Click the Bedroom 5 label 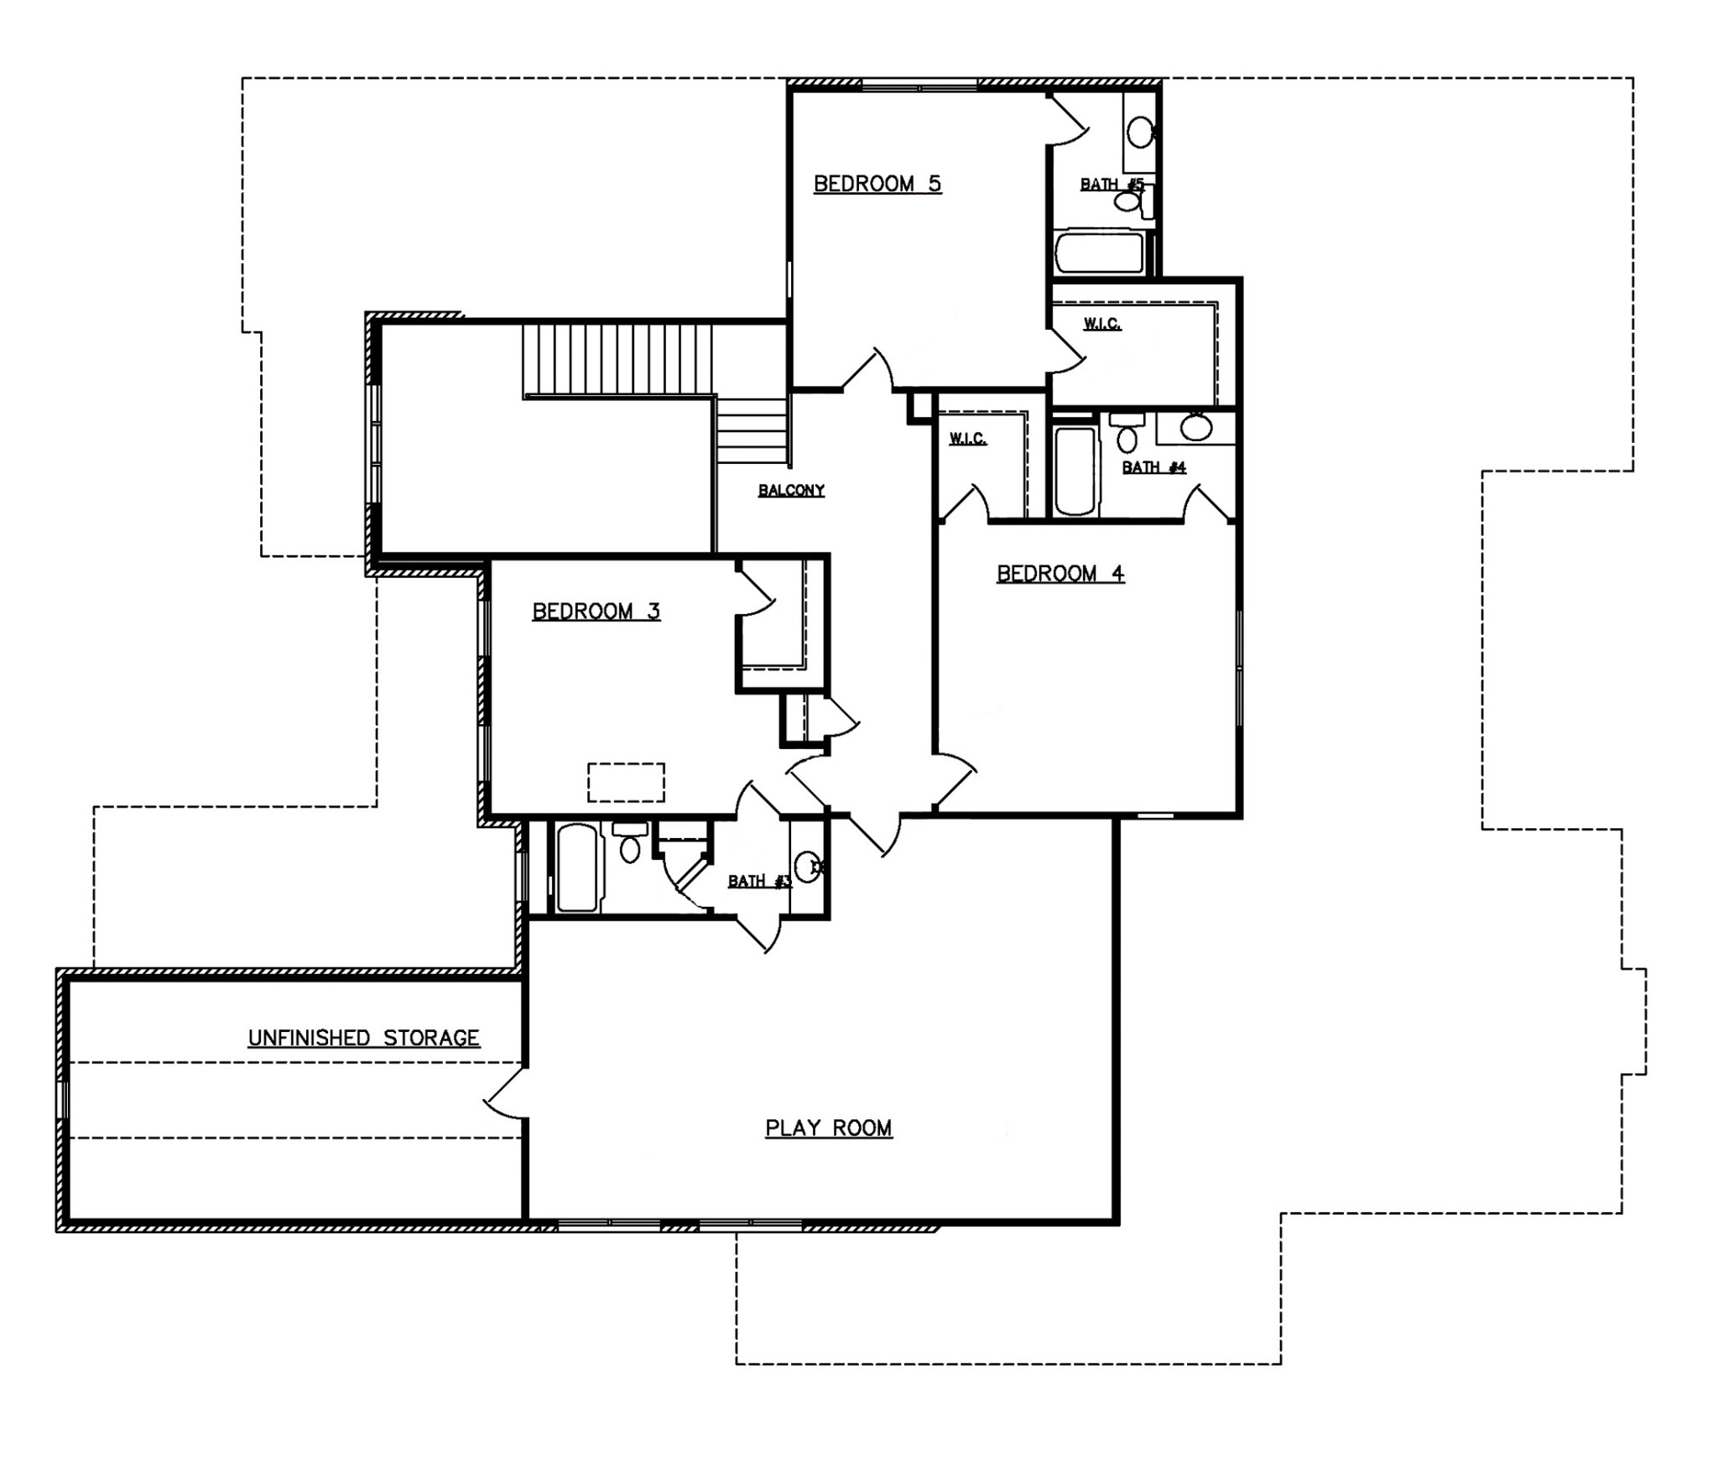pyautogui.click(x=877, y=184)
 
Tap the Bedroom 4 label pyautogui.click(x=1060, y=574)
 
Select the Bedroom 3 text pyautogui.click(x=596, y=612)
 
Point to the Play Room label pyautogui.click(x=829, y=1128)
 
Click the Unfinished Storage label pyautogui.click(x=363, y=1039)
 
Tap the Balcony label pyautogui.click(x=791, y=491)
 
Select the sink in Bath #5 pyautogui.click(x=1139, y=132)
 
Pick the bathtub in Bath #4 pyautogui.click(x=1075, y=472)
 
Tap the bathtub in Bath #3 pyautogui.click(x=577, y=867)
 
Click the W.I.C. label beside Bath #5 pyautogui.click(x=1101, y=324)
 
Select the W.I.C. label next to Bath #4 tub pyautogui.click(x=967, y=439)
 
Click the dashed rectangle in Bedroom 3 pyautogui.click(x=626, y=782)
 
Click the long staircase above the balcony pyautogui.click(x=617, y=361)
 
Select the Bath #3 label pyautogui.click(x=759, y=881)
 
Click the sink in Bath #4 pyautogui.click(x=1196, y=427)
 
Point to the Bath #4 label pyautogui.click(x=1153, y=467)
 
